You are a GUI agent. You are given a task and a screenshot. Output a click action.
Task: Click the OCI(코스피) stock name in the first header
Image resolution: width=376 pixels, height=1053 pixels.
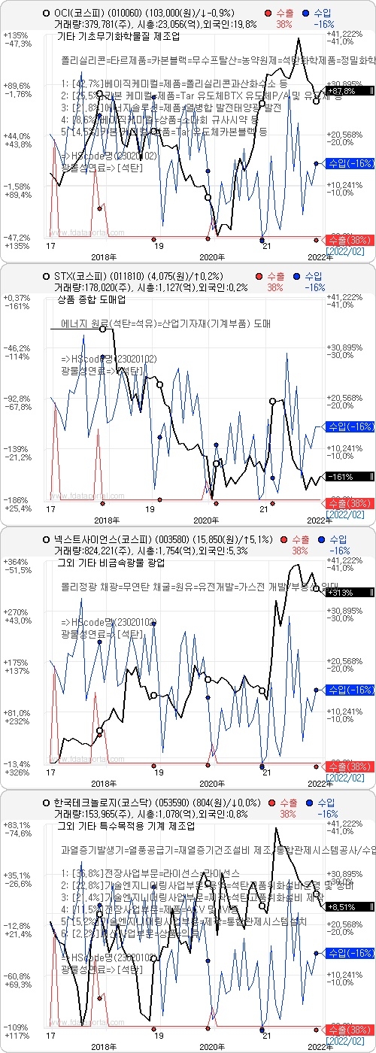click(x=80, y=14)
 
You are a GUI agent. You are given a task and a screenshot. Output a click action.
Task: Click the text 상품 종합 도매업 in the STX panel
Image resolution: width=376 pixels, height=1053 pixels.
click(x=91, y=299)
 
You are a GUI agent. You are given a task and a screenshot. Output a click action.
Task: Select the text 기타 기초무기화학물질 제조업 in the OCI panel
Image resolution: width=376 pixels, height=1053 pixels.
click(x=115, y=36)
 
